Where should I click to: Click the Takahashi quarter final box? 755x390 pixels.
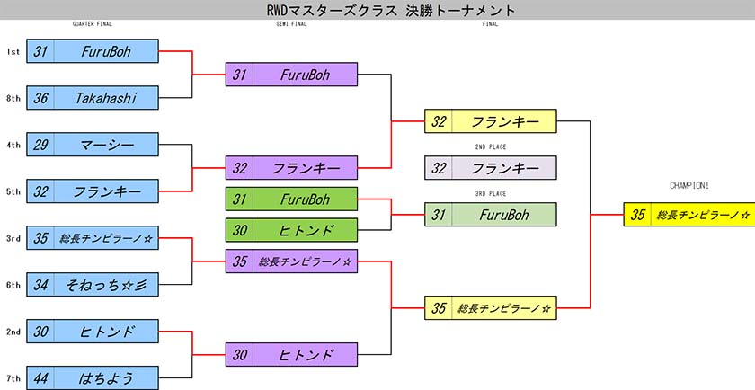[x=93, y=98]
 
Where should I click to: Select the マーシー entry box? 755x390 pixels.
[x=93, y=145]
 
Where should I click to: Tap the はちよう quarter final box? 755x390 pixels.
[x=93, y=378]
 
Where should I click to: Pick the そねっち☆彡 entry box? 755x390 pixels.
[x=93, y=285]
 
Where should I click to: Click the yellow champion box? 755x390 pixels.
[x=689, y=214]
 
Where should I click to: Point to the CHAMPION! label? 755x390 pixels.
[x=689, y=185]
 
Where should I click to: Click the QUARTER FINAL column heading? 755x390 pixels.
[x=92, y=24]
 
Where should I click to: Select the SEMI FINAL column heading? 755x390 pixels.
[x=291, y=24]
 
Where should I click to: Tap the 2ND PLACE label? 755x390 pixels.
[x=490, y=146]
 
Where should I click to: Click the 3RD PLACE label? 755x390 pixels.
[x=490, y=193]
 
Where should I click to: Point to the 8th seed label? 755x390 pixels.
[x=13, y=98]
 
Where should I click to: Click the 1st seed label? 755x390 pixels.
[x=13, y=51]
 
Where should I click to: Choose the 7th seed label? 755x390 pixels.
[x=13, y=378]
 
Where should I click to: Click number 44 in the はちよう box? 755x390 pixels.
[x=40, y=378]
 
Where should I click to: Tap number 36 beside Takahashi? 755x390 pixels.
[x=40, y=98]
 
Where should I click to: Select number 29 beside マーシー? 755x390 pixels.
[x=40, y=145]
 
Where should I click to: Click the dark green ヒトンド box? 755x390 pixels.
[x=291, y=230]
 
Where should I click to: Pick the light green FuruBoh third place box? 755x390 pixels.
[x=490, y=214]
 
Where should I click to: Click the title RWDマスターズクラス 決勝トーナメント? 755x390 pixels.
[x=390, y=10]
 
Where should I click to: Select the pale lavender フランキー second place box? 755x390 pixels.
[x=490, y=167]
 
